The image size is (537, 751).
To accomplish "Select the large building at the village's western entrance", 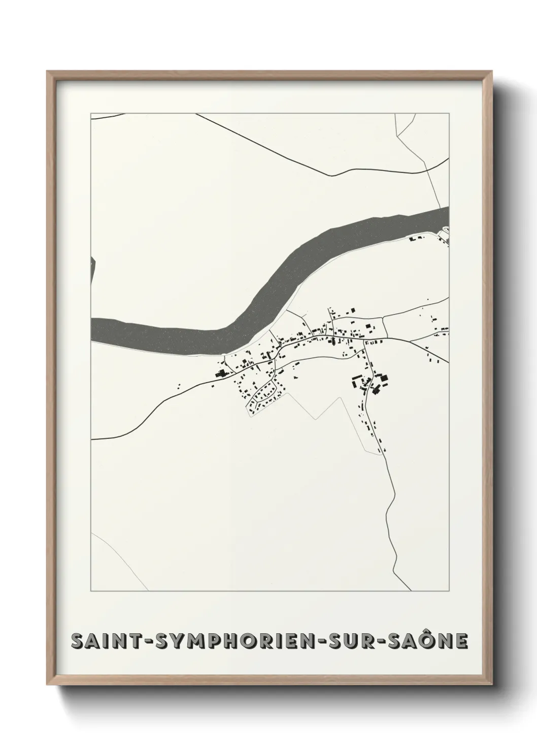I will [x=221, y=374].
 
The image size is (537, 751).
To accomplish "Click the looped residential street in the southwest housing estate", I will [x=264, y=396].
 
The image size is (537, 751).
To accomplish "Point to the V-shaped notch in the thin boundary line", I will [x=316, y=418].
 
